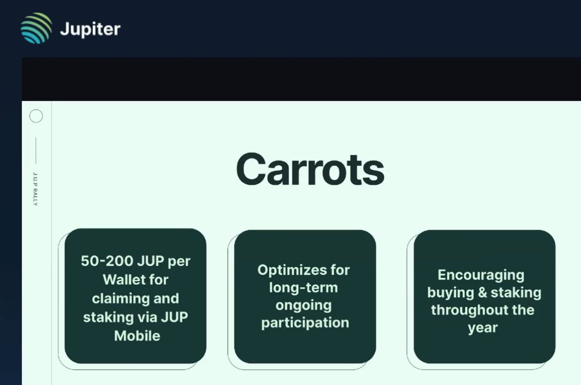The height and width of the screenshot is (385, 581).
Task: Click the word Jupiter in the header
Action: (90, 29)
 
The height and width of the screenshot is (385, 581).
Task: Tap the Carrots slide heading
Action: (310, 169)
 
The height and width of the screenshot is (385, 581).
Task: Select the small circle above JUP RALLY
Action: (36, 116)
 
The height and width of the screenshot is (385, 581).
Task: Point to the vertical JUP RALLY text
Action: (35, 189)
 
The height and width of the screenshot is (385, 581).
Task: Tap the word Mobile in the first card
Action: (137, 335)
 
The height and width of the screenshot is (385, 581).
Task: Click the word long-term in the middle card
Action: (304, 288)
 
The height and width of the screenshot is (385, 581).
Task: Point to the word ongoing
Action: (304, 306)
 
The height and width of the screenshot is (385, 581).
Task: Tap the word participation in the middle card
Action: (305, 323)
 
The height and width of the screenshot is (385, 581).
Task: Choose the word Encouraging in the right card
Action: (481, 275)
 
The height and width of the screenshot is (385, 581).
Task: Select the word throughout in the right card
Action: (465, 310)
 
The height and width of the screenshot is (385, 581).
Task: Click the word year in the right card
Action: (483, 328)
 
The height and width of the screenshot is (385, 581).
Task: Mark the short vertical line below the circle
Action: (36, 150)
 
